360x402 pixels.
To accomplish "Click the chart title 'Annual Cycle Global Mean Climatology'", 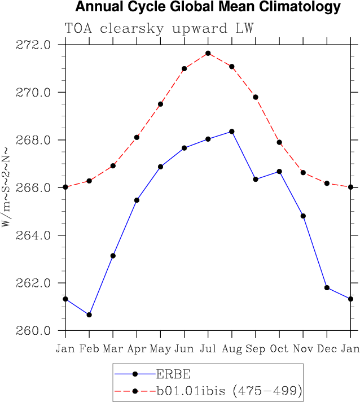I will coord(208,7).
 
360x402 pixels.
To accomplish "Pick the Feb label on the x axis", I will coord(89,348).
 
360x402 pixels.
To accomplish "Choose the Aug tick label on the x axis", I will coord(232,348).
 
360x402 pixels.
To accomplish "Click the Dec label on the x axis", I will coord(327,348).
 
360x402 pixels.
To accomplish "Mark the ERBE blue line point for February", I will coord(89,314).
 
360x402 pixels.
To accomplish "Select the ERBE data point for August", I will coord(232,132).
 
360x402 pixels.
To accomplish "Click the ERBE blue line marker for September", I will coord(256,179).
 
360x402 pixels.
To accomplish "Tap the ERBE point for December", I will coord(327,287).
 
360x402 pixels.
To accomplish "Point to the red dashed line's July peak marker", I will coord(208,53).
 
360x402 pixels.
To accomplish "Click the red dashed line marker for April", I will coord(137,137).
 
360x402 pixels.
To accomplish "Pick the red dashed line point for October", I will coord(279,142).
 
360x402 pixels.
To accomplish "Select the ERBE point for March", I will coord(113,256).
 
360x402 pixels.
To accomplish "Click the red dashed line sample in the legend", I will coord(135,390).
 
